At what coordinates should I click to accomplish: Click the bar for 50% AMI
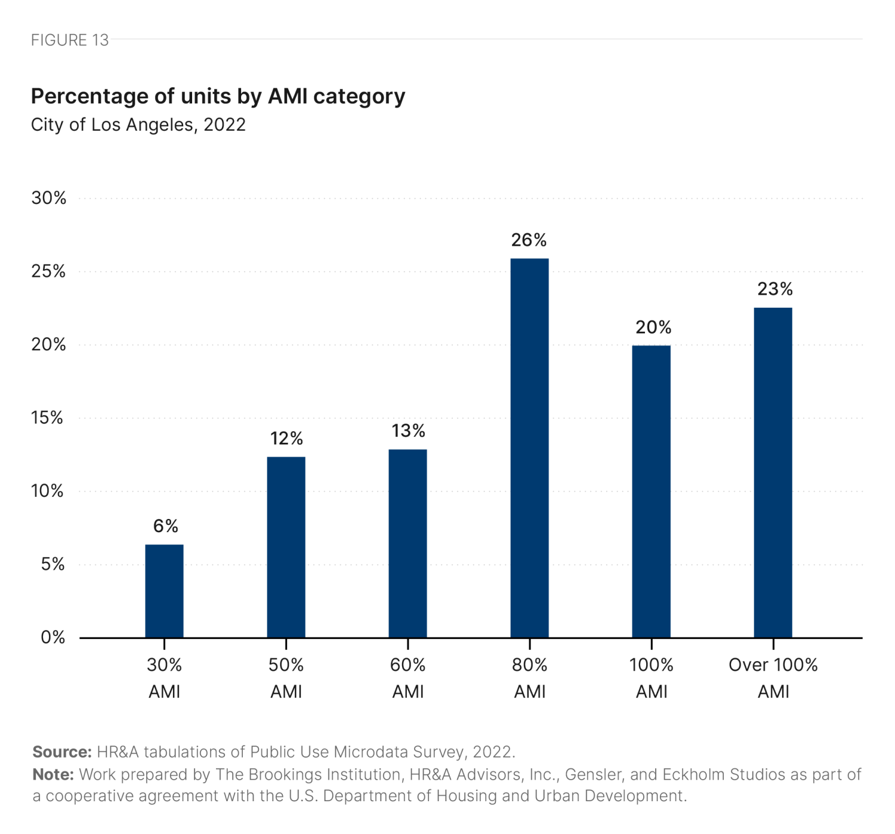coord(286,547)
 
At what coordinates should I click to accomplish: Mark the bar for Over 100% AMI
coord(773,472)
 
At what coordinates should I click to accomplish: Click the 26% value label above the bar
coord(529,240)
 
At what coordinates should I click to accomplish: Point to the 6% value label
coord(165,526)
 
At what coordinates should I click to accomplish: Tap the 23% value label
coord(774,289)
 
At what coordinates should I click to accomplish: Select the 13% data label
coord(408,431)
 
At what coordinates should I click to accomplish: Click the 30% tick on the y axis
coord(48,198)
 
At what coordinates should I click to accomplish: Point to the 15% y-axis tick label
coord(47,418)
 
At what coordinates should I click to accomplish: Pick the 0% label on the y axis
coord(53,637)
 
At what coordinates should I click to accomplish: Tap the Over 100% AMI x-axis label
coord(773,678)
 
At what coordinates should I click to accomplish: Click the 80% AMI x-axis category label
coord(529,678)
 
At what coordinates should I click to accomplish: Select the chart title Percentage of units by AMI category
coord(218,96)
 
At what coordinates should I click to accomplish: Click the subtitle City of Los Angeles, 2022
coord(138,125)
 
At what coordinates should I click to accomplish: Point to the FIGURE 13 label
coord(70,40)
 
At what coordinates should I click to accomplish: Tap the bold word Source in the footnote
coord(61,752)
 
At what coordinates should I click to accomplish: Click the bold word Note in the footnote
coord(53,774)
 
